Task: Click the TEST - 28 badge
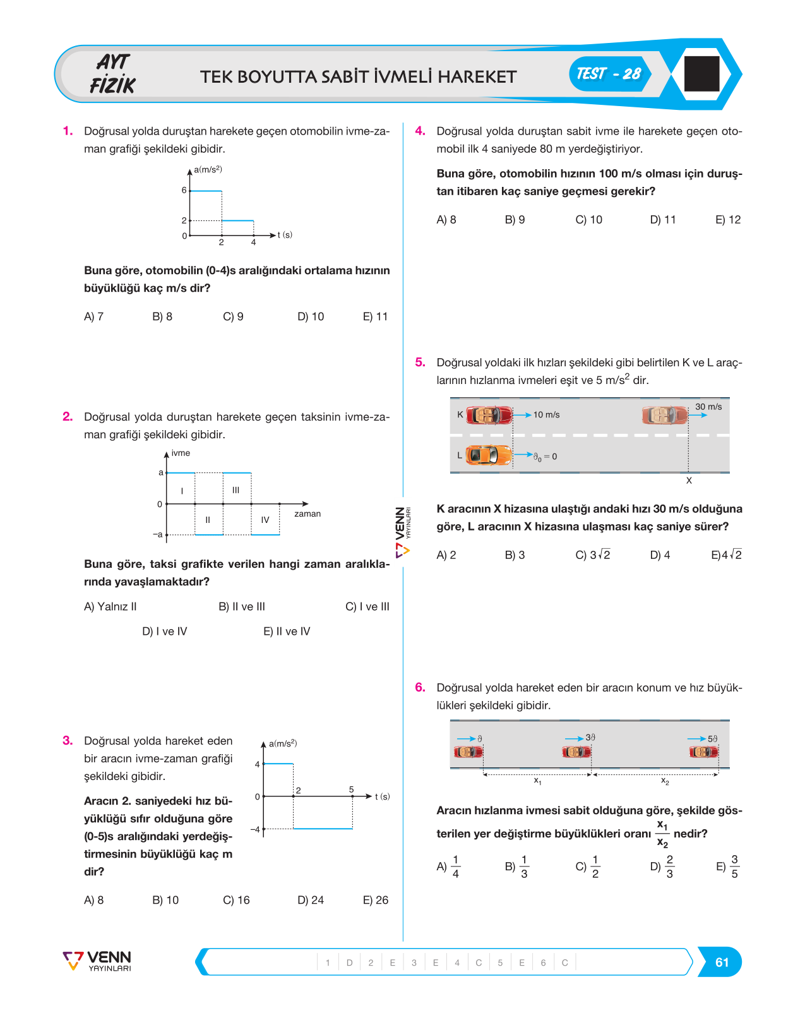[x=610, y=74]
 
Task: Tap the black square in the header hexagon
[x=701, y=74]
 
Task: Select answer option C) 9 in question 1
[x=233, y=316]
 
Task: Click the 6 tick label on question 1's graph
[x=184, y=190]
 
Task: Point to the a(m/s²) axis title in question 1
[x=208, y=169]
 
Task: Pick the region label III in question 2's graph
[x=236, y=490]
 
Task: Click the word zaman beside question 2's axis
[x=307, y=514]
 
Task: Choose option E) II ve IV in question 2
[x=287, y=632]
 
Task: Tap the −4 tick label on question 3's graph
[x=255, y=829]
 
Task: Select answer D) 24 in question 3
[x=311, y=900]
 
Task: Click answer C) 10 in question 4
[x=589, y=219]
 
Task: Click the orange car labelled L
[x=489, y=455]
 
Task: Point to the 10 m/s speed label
[x=546, y=415]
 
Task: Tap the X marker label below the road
[x=689, y=481]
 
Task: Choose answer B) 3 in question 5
[x=515, y=555]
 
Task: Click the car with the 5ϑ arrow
[x=703, y=752]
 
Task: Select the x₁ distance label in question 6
[x=537, y=781]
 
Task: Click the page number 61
[x=722, y=962]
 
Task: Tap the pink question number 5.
[x=420, y=363]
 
